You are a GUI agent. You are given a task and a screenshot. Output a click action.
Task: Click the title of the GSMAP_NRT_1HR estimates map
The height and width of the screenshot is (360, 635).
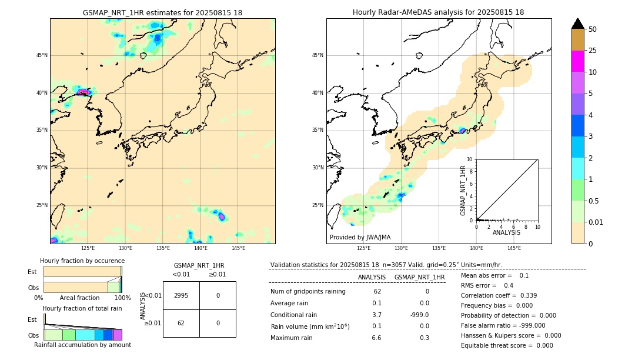[162, 12]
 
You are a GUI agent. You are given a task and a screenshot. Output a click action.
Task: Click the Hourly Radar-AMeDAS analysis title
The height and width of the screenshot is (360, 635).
[438, 12]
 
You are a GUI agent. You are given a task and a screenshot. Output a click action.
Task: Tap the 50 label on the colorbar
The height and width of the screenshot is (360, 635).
[593, 29]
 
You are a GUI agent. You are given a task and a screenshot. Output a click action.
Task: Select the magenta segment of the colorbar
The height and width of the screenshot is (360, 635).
[577, 61]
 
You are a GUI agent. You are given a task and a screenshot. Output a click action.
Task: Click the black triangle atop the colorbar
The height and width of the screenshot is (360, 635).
[577, 24]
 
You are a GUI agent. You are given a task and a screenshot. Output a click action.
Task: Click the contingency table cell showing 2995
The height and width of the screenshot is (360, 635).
[181, 295]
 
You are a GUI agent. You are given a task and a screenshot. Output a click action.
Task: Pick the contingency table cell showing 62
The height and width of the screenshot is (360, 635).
[181, 323]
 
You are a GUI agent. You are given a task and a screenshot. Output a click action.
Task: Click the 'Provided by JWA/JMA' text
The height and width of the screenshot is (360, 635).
[360, 237]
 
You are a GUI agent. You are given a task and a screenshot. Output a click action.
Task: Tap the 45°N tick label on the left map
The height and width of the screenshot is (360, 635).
[42, 55]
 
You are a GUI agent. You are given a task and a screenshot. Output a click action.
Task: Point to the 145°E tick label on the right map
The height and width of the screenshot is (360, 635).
[514, 248]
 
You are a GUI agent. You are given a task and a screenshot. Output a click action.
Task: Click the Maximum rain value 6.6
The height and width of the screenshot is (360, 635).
[376, 338]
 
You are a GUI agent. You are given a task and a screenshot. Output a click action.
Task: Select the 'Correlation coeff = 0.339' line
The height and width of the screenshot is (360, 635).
[499, 295]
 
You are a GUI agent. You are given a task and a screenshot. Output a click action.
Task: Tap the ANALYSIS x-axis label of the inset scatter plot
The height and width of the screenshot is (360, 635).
[506, 232]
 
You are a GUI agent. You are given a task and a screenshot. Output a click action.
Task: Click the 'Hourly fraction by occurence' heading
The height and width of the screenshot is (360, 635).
[82, 261]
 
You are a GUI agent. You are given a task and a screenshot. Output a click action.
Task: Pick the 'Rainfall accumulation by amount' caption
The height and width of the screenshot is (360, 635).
[82, 345]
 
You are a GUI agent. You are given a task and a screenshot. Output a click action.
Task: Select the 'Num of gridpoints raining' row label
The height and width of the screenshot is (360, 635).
[308, 291]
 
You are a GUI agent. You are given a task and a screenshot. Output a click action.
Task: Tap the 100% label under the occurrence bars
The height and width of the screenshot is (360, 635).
[122, 298]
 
